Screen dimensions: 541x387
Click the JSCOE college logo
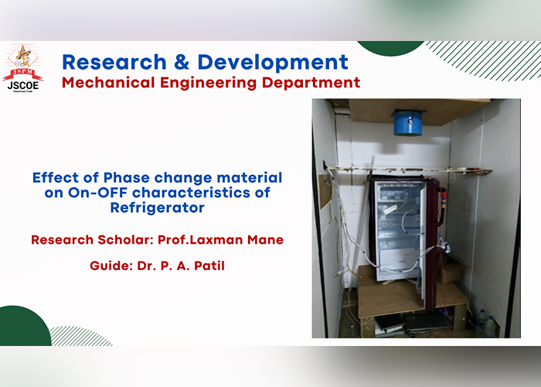pos(22,68)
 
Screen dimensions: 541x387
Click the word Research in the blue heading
pos(114,62)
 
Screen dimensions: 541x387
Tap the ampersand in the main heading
pos(182,62)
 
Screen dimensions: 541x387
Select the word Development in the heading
pos(273,63)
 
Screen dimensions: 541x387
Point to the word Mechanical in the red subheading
pos(108,83)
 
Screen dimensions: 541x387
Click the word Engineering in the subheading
pos(208,84)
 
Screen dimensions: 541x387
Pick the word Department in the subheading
pos(311,84)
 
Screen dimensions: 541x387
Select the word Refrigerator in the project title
pos(158,208)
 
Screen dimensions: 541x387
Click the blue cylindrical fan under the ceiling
pos(408,122)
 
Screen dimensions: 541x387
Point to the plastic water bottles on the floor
pos(485,323)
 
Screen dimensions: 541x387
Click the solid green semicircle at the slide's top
pos(390,48)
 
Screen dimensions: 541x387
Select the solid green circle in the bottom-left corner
pos(24,327)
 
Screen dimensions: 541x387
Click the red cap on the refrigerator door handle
pos(444,195)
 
